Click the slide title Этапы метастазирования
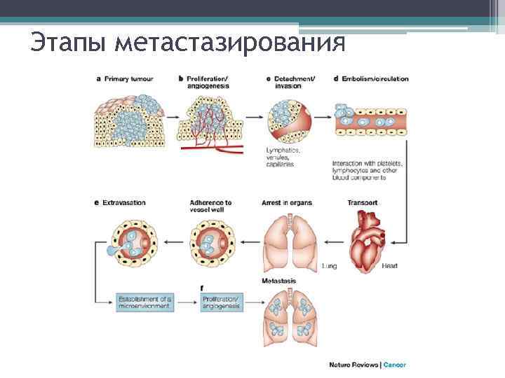coord(188,44)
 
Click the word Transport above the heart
coord(363,203)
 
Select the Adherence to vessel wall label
coord(210,206)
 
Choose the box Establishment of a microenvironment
coord(144,303)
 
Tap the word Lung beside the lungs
coord(329,266)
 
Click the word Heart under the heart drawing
coord(389,266)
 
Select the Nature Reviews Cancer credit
coord(368,364)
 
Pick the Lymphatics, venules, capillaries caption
coord(283,157)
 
